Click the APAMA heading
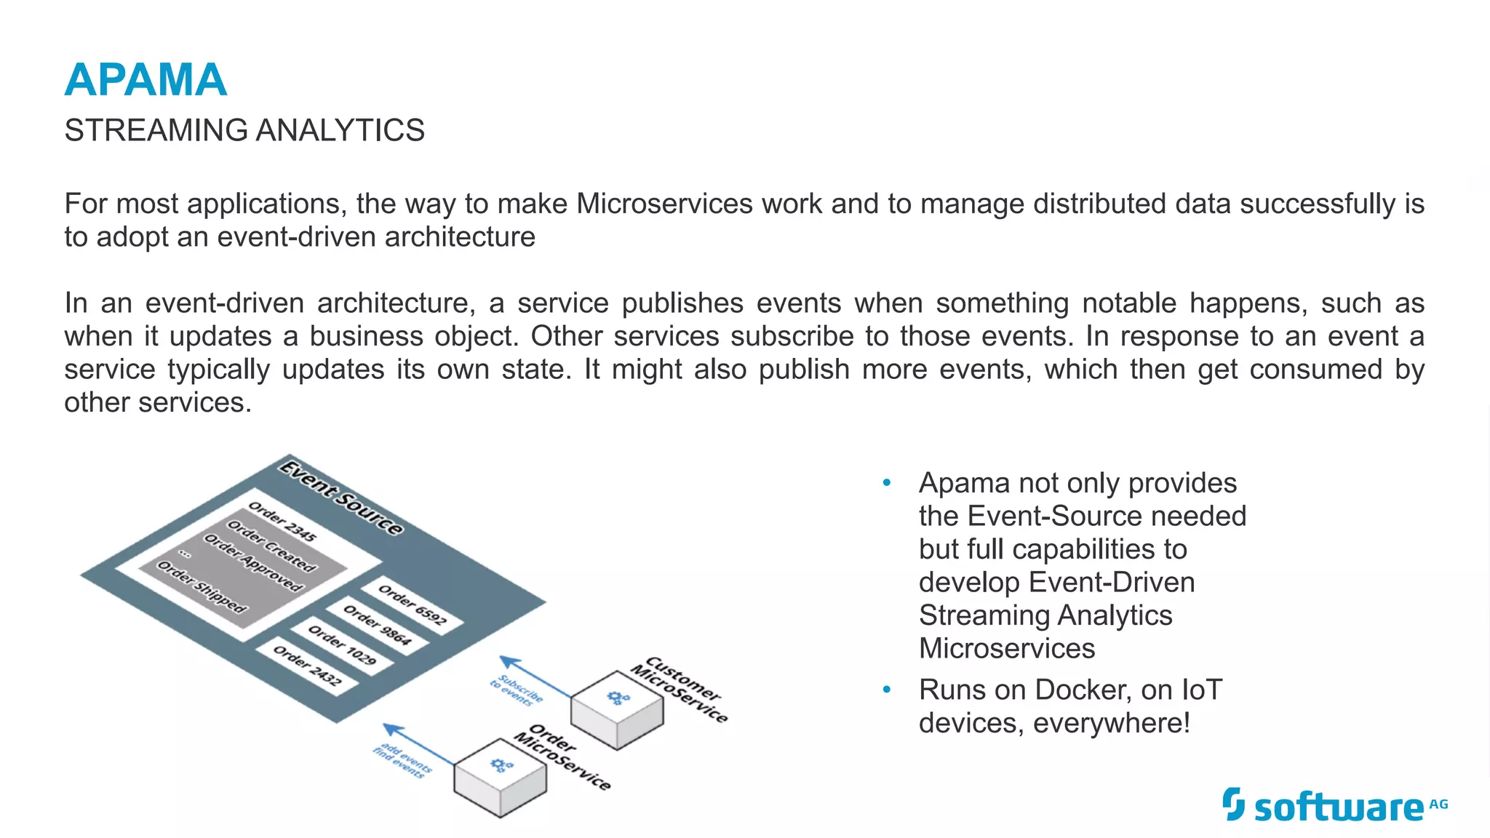pos(146,79)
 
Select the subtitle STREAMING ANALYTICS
pos(244,131)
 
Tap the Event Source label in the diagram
pos(341,498)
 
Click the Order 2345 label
pos(282,522)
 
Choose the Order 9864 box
pos(377,625)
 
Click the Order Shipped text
pos(202,587)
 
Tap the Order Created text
pos(271,546)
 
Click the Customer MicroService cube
pos(617,709)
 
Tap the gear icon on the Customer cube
pos(618,698)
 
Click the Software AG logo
pos(1334,806)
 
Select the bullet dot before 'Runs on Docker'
pos(886,690)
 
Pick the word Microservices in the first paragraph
pos(664,204)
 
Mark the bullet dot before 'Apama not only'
pos(886,483)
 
